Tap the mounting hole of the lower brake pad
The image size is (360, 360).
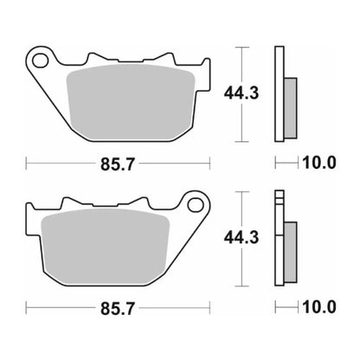195,205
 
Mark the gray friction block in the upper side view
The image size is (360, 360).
290,102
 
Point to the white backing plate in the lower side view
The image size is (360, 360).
279,238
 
